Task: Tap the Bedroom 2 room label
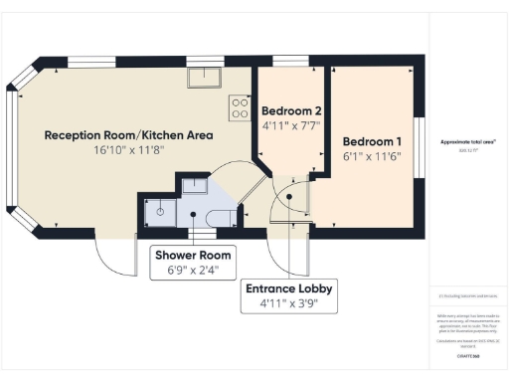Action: (x=291, y=110)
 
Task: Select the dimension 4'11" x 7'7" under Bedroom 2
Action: (x=291, y=126)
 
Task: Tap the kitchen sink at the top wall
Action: (x=207, y=75)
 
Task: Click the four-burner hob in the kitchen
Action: (x=240, y=106)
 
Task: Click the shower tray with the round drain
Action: (x=160, y=211)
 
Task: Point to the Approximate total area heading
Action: (x=467, y=142)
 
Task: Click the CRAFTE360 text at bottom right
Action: (x=467, y=355)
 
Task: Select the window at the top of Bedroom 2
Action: (x=289, y=62)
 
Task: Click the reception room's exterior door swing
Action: (x=115, y=259)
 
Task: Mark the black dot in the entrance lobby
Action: (x=289, y=197)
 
